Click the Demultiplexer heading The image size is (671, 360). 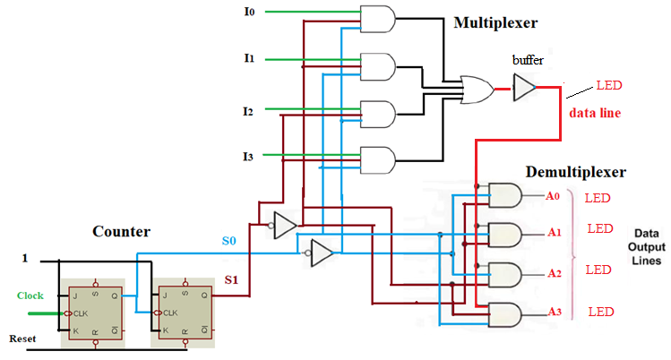coord(575,171)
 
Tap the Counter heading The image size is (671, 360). coord(122,231)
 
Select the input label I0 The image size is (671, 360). coord(249,13)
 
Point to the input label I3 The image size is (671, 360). coord(248,158)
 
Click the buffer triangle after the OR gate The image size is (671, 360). coord(523,87)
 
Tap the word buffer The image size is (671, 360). coord(528,60)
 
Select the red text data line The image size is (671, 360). coord(595,114)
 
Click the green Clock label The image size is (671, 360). coord(30,295)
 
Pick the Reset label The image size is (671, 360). coord(23,339)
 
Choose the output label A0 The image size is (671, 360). coord(553,195)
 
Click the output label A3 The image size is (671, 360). coord(553,311)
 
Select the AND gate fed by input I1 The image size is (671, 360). coord(377,65)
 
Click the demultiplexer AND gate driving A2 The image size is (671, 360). coord(505,274)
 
